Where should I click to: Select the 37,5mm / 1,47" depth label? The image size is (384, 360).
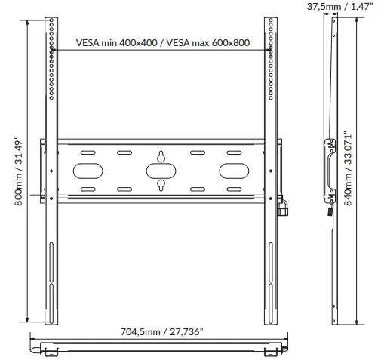coord(339,7)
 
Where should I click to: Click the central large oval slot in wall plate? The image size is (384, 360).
coord(161,171)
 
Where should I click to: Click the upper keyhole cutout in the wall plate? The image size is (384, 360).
coord(161,156)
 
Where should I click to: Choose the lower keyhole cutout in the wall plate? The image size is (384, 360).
coord(161,185)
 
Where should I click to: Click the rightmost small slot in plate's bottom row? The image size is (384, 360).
coord(235,189)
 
